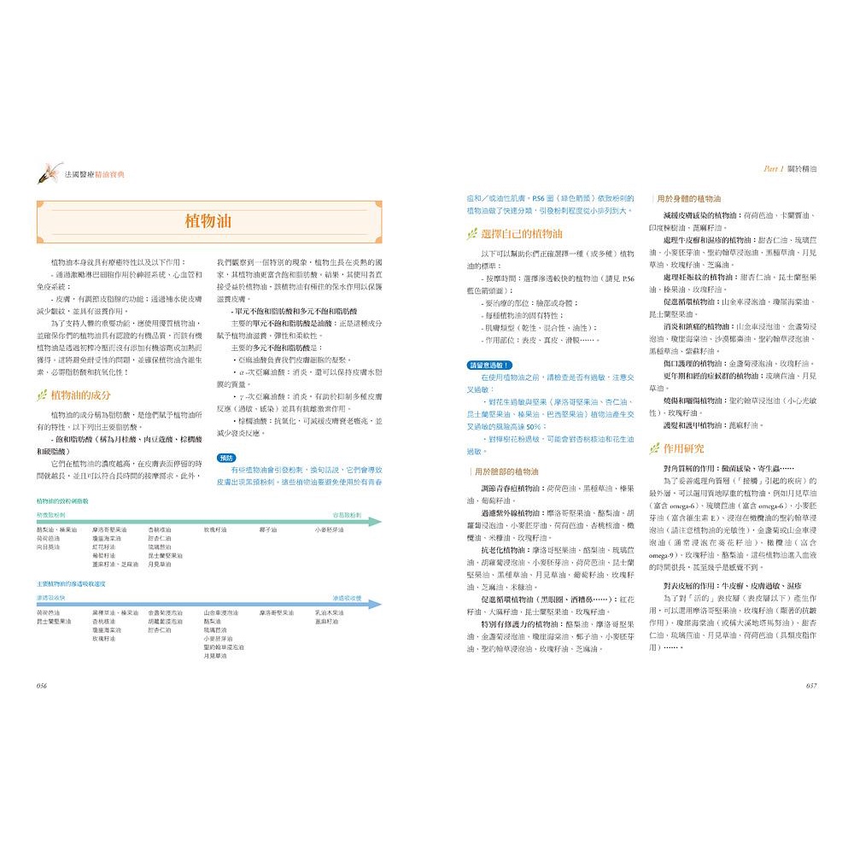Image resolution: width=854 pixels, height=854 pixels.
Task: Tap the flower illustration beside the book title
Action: pos(48,174)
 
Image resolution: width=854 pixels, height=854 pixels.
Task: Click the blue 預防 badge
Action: pos(225,458)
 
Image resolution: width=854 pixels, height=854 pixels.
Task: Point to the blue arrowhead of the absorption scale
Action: pos(377,604)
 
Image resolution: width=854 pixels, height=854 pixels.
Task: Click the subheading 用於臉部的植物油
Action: pos(506,471)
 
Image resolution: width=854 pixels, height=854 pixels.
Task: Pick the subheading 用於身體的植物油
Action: pos(692,197)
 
